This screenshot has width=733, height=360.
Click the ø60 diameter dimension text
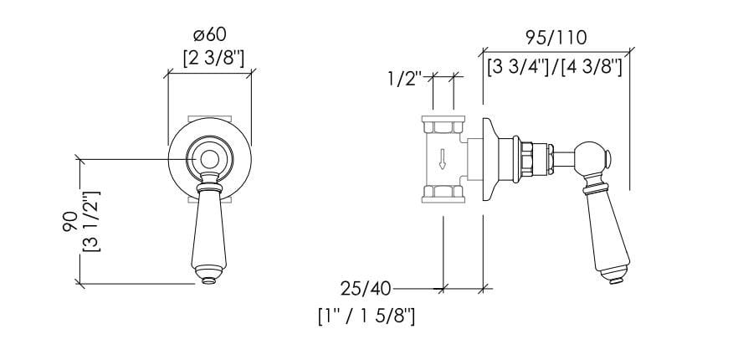209,35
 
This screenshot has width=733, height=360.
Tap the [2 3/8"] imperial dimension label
213,59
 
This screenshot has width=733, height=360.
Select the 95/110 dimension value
556,38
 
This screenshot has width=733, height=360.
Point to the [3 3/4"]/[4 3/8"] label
554,69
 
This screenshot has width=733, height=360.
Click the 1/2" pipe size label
404,79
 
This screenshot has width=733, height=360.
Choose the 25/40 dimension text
365,289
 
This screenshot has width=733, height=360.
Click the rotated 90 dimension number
69,222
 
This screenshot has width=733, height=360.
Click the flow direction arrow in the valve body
442,159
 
